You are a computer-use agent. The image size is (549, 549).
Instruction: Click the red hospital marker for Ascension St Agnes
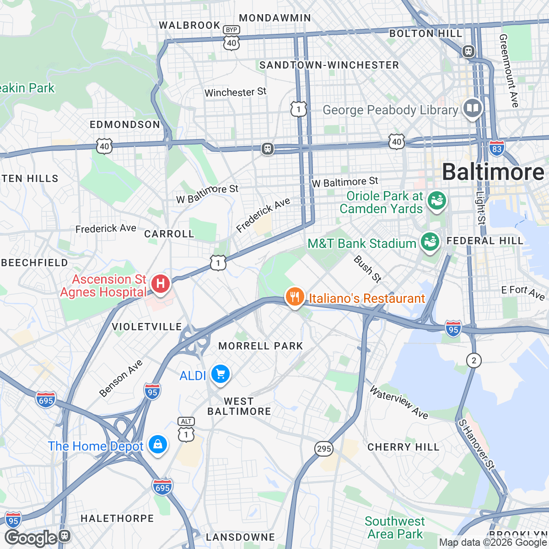(x=160, y=284)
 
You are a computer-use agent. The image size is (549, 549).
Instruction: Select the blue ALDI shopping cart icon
(x=221, y=375)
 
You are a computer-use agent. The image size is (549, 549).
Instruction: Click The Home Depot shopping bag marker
(x=158, y=444)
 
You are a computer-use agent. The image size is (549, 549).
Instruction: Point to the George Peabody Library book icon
(x=472, y=109)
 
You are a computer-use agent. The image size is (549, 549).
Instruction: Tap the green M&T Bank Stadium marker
(x=430, y=242)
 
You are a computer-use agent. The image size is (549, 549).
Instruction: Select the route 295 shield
(x=324, y=448)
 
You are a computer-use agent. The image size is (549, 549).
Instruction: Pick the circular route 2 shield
(x=474, y=361)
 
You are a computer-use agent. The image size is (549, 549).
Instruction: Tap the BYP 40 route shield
(x=231, y=38)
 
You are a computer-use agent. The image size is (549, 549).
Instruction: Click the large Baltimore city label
(x=493, y=172)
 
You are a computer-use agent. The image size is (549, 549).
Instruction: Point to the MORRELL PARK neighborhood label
(x=261, y=346)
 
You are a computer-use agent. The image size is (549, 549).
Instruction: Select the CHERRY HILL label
(x=403, y=447)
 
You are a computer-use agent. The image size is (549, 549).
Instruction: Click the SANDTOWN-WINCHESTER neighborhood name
(x=329, y=65)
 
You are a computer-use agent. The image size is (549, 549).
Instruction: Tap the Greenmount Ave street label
(x=509, y=71)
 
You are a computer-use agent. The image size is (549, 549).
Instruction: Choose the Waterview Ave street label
(x=398, y=403)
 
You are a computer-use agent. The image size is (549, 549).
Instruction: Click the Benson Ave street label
(x=121, y=378)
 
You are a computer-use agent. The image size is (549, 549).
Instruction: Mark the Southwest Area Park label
(x=395, y=527)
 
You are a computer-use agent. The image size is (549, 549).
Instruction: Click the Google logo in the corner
(x=31, y=538)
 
